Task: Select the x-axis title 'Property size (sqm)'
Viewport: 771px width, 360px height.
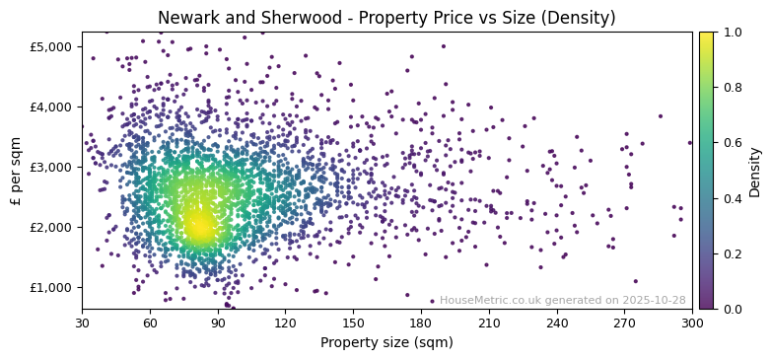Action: [x=385, y=343]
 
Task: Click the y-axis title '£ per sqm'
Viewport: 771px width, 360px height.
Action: [x=16, y=171]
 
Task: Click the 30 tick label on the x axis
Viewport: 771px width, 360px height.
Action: [x=82, y=323]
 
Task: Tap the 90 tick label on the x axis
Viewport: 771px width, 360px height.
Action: [x=218, y=323]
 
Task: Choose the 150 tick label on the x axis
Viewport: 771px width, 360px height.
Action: [x=353, y=323]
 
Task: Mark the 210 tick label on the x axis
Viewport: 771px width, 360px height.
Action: [x=489, y=323]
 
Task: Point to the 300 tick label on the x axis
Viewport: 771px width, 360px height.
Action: [x=692, y=323]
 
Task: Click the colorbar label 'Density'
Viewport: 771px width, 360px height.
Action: [x=755, y=171]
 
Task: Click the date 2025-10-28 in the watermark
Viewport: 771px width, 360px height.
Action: [x=656, y=301]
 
